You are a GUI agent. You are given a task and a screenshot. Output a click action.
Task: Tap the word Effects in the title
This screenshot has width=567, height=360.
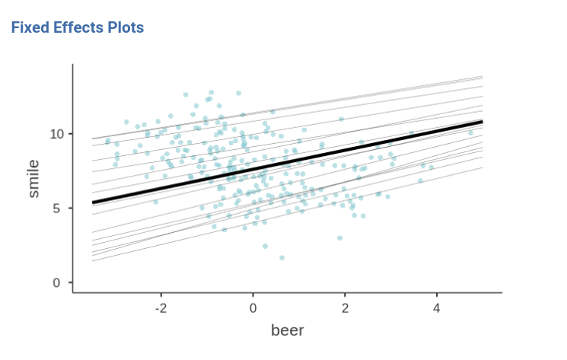pyautogui.click(x=78, y=27)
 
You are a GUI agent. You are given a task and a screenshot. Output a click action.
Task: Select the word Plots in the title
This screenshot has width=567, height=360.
pyautogui.click(x=125, y=27)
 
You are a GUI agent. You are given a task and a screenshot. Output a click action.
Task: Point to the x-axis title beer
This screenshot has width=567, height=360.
pyautogui.click(x=288, y=330)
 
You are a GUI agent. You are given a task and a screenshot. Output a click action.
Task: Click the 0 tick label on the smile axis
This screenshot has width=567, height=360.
pyautogui.click(x=56, y=283)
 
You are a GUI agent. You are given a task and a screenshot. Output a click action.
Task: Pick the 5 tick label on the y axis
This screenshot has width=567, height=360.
pyautogui.click(x=56, y=209)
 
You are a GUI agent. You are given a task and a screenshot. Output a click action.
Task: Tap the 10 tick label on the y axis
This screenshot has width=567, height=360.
pyautogui.click(x=53, y=134)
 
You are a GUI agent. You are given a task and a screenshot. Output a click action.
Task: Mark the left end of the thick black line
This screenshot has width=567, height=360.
pyautogui.click(x=93, y=202)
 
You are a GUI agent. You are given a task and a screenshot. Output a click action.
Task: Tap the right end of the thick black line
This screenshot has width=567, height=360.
pyautogui.click(x=482, y=122)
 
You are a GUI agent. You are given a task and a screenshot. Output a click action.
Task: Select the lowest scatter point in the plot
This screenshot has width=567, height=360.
pyautogui.click(x=282, y=258)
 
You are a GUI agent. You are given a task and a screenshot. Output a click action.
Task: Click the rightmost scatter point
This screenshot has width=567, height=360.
pyautogui.click(x=470, y=133)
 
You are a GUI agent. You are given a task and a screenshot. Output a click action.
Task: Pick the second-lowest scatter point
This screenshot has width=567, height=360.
pyautogui.click(x=265, y=246)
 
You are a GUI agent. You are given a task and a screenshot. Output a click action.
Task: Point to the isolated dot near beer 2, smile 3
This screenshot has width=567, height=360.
pyautogui.click(x=339, y=238)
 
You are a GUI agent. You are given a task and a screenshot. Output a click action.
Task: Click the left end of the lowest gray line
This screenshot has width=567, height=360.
pyautogui.click(x=93, y=261)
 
